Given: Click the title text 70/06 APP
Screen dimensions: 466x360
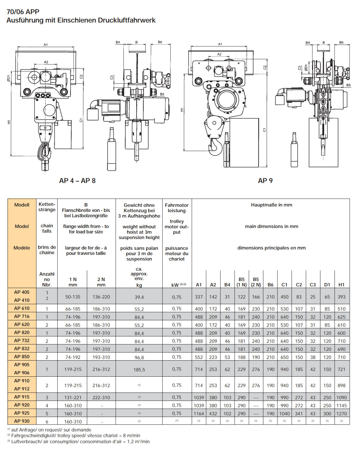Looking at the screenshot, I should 23,12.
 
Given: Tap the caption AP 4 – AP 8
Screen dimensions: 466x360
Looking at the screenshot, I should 77,181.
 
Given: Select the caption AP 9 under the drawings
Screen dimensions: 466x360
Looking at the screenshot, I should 265,181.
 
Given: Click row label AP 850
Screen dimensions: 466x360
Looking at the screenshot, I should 22,357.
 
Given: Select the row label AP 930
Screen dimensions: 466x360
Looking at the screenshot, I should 22,421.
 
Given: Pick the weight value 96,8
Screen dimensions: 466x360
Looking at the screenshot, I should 139,358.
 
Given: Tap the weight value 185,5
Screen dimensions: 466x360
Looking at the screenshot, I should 139,369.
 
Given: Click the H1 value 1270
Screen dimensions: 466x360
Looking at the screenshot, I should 341,414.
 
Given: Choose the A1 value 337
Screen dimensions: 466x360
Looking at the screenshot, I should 199,297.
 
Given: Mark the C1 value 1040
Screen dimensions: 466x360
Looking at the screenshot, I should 284,414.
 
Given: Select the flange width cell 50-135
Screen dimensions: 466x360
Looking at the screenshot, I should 73,297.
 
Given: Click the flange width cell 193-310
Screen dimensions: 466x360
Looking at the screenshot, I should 101,357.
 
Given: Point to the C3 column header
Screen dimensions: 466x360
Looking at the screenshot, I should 312,285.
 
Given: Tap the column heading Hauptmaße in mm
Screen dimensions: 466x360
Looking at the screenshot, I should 271,205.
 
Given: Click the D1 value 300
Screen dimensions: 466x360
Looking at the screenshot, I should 327,414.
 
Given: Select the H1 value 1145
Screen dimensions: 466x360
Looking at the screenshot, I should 341,406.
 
